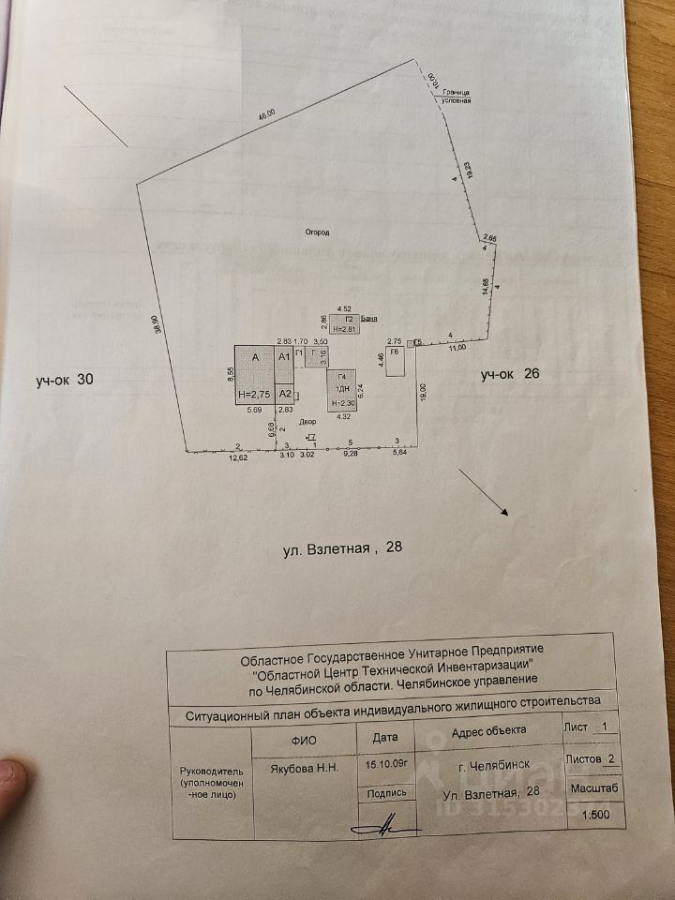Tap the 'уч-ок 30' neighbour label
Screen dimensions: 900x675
tap(65, 380)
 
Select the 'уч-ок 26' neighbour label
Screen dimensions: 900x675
tap(510, 375)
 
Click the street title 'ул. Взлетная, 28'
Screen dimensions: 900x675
tap(342, 548)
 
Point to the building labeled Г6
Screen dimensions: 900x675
tap(396, 362)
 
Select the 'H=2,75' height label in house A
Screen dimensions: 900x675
tap(253, 396)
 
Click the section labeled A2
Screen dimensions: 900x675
tap(286, 395)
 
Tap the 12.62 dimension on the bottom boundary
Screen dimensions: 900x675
tap(244, 459)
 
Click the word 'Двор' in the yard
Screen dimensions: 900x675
tap(308, 423)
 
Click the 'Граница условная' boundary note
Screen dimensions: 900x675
tap(457, 97)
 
